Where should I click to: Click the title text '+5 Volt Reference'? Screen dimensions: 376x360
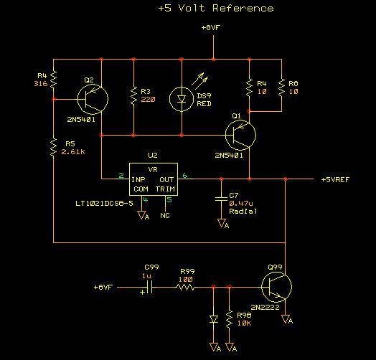216,9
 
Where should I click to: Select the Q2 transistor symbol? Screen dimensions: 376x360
93,99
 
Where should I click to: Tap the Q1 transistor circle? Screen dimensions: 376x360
240,136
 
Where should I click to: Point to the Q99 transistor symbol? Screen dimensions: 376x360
276,287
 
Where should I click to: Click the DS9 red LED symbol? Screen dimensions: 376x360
182,99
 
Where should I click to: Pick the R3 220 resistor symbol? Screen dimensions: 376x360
133,95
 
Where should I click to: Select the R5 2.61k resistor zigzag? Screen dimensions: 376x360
53,147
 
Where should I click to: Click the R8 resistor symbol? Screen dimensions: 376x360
281,87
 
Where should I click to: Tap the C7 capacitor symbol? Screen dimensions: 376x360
221,199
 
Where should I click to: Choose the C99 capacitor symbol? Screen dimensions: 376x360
150,287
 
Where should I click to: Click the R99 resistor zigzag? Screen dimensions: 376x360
186,287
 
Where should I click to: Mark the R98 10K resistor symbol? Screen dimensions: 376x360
229,319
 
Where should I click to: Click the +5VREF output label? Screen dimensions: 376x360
335,180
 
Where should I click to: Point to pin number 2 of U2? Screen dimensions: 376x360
121,176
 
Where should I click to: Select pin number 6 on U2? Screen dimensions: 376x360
185,176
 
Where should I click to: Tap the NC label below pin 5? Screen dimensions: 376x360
165,216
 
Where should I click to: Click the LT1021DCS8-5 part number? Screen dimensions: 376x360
104,204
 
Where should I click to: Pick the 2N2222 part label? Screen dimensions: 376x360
265,307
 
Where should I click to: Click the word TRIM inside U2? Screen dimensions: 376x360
165,189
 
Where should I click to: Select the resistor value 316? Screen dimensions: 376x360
41,84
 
